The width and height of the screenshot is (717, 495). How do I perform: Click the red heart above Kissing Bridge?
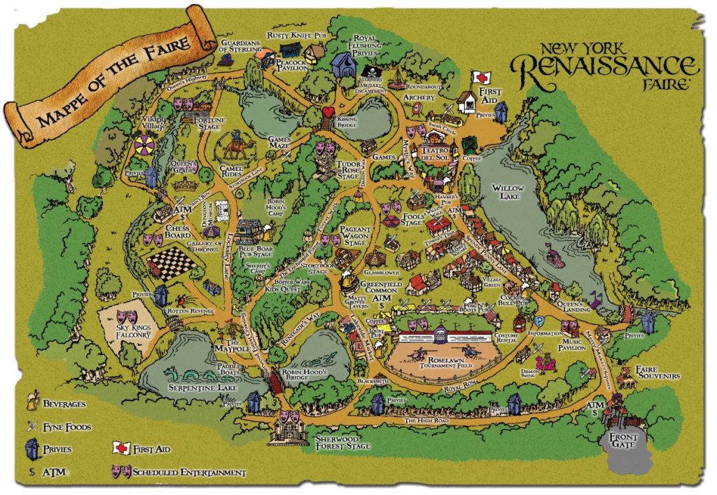click(x=328, y=113)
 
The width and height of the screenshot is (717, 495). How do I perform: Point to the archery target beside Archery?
click(x=417, y=109)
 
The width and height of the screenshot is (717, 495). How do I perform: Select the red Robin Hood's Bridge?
click(x=275, y=384)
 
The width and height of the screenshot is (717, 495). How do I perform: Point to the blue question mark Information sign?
click(x=541, y=321)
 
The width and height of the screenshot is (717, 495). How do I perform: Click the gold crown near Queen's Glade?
click(x=186, y=186)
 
